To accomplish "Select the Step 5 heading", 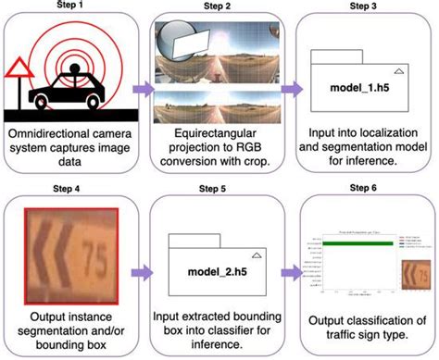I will [x=218, y=187].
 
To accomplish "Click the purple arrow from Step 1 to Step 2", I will [x=143, y=88].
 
